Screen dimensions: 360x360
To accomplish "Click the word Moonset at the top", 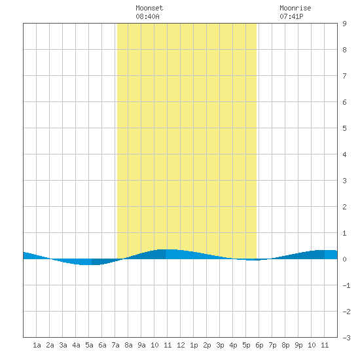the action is point(149,8).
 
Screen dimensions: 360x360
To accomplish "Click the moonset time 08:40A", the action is point(147,16).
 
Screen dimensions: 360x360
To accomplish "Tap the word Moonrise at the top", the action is point(295,8).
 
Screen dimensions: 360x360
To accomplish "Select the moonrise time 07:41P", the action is point(291,16).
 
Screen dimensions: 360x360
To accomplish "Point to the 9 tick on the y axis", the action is point(344,24).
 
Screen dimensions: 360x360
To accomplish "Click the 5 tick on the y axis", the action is point(344,128).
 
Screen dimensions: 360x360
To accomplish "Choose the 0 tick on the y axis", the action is point(344,259).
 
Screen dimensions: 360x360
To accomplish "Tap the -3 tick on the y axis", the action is point(346,338).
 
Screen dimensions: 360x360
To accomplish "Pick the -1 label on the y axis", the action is point(346,285).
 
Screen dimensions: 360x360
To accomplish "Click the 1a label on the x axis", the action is point(37,345).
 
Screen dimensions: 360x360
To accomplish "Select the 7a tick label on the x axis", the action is point(115,345).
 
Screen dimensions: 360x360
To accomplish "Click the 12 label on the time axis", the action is point(181,345).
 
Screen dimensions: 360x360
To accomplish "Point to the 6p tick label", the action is point(259,345).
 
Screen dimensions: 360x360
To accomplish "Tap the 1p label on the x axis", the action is point(194,345).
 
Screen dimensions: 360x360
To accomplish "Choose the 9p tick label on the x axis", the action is point(298,345).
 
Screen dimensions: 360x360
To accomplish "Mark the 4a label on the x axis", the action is point(76,345).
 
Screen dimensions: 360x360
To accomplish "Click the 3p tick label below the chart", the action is point(220,345).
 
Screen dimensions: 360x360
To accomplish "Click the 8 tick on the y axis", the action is point(344,50).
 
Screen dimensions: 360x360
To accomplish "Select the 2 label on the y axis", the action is point(344,207).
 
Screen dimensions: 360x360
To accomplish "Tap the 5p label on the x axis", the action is point(246,345).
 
